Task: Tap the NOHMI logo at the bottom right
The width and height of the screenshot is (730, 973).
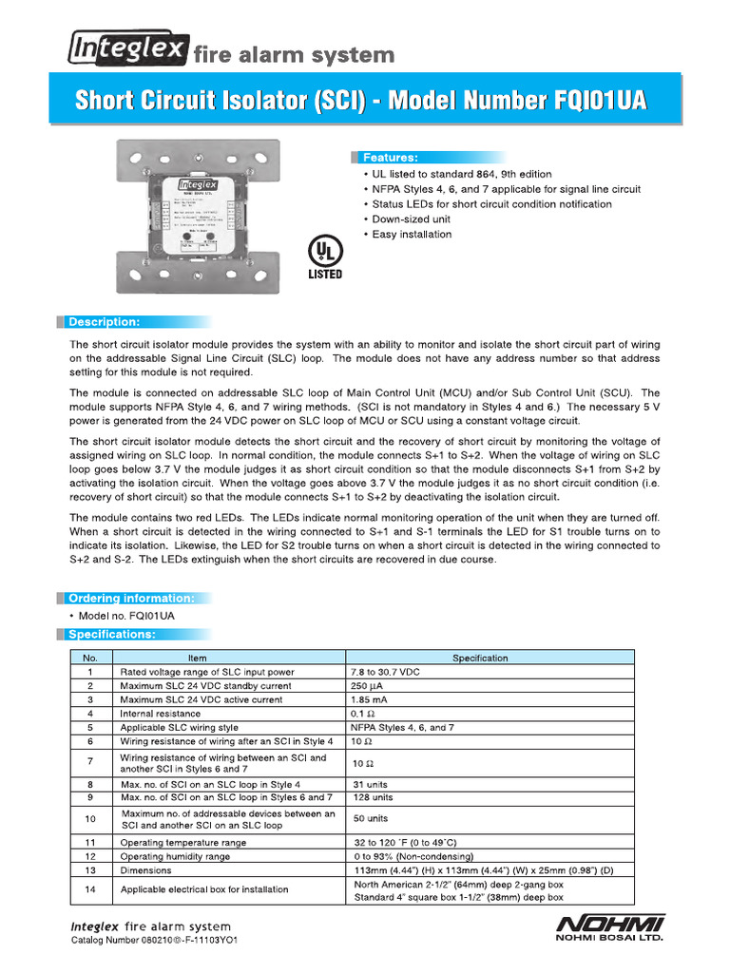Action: (609, 926)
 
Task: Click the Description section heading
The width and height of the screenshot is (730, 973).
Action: (104, 322)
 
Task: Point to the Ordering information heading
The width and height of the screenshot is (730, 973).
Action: (131, 599)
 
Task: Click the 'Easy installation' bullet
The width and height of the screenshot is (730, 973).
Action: (412, 235)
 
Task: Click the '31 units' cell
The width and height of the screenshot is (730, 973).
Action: (371, 785)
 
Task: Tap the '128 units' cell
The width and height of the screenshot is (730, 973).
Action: (373, 798)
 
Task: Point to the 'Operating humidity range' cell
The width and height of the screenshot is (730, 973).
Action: (175, 856)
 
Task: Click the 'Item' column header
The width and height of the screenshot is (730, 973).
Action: (197, 658)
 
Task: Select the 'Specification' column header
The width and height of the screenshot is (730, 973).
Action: (480, 658)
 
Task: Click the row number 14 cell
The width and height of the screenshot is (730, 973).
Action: (90, 890)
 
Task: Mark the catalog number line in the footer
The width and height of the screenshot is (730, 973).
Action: (155, 941)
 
